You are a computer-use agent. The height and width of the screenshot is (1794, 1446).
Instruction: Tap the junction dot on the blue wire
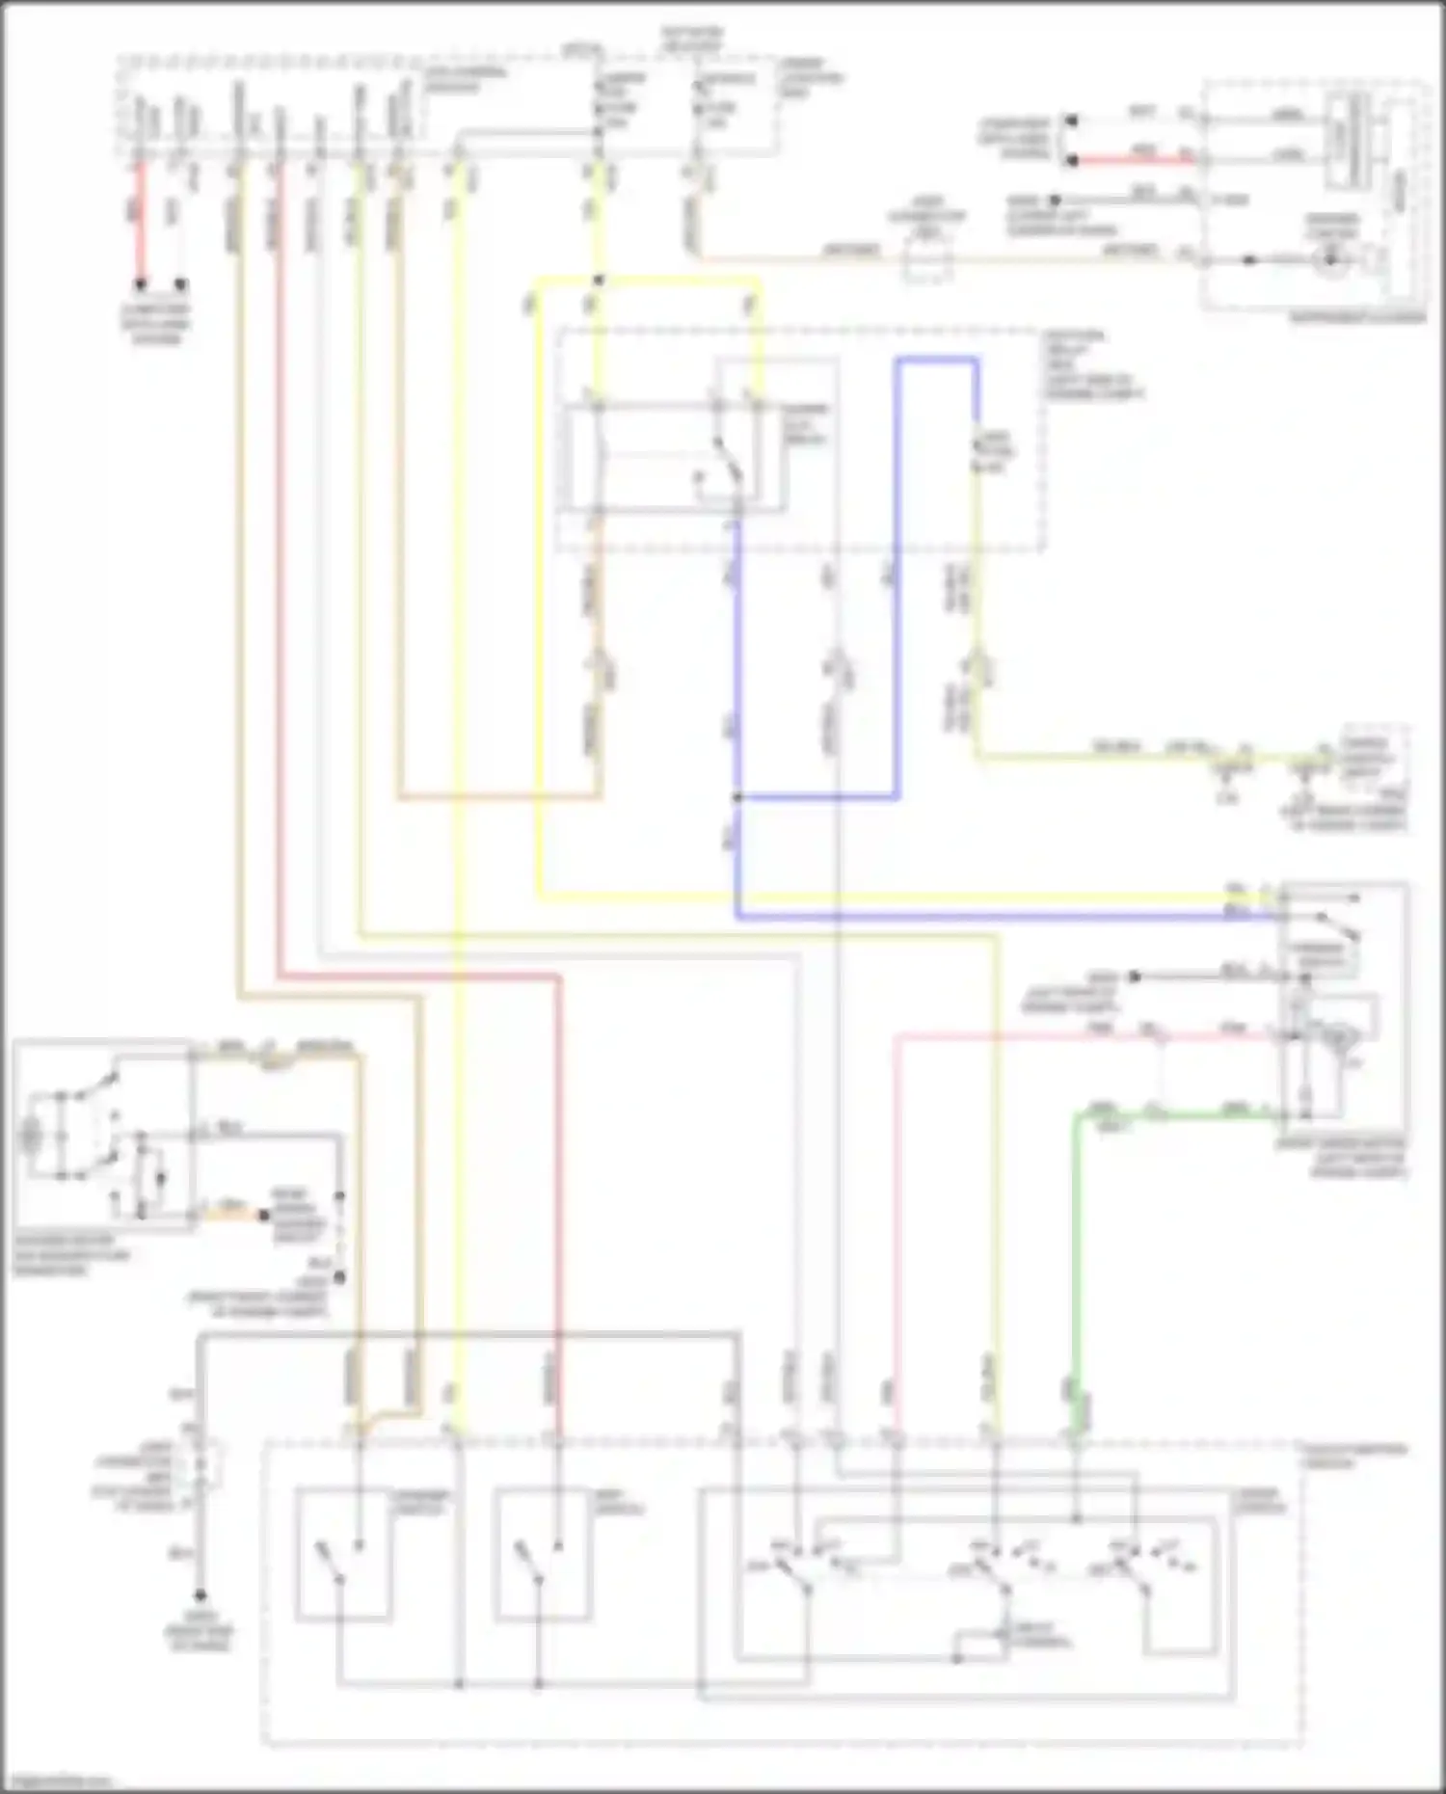point(736,798)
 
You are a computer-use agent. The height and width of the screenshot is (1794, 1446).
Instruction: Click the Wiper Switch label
point(1257,1500)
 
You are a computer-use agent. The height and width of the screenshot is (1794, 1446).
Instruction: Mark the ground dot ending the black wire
point(201,1596)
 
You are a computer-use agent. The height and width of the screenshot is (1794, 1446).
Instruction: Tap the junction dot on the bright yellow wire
point(598,281)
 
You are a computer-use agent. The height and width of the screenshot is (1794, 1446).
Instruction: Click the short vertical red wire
point(141,222)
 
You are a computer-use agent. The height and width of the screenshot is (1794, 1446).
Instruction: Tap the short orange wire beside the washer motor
point(236,1215)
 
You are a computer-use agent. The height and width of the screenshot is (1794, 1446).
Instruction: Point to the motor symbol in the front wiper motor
point(1340,1036)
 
